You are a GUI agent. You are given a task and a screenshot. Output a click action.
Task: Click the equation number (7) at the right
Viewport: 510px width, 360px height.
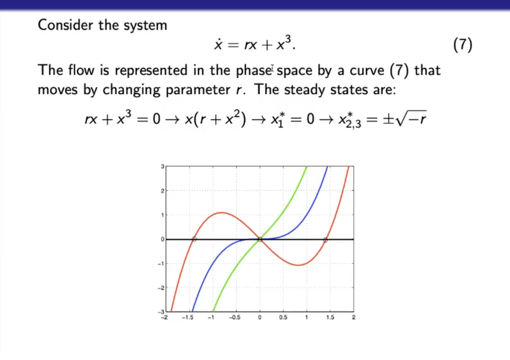463,45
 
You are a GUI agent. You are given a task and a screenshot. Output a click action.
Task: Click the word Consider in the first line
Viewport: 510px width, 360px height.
65,25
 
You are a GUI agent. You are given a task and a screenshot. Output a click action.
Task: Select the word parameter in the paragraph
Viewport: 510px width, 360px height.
198,90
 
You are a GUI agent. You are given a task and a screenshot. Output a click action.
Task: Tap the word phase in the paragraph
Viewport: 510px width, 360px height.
253,70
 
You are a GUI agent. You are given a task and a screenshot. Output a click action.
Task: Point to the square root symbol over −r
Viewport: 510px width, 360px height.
411,118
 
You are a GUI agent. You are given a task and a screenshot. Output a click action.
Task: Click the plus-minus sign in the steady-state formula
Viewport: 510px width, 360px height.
389,119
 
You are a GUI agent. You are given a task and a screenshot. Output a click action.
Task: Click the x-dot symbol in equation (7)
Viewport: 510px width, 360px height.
218,44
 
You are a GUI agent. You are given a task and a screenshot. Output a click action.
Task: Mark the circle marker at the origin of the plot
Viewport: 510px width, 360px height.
260,239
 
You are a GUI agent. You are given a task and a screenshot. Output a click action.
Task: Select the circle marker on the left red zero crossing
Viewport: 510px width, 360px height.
194,239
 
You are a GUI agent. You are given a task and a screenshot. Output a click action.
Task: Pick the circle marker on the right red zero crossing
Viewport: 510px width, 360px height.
325,240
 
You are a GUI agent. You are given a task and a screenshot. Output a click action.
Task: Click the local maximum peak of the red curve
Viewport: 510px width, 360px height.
222,213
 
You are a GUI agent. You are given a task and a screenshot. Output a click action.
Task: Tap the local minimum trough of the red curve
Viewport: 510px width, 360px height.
298,265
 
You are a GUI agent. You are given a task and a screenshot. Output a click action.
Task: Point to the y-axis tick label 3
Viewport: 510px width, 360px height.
162,167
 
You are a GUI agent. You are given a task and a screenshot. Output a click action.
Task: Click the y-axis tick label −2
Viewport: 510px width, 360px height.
161,288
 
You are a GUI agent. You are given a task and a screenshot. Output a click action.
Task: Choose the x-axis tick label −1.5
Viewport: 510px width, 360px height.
188,318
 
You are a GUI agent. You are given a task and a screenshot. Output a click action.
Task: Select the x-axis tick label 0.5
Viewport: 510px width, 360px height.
283,318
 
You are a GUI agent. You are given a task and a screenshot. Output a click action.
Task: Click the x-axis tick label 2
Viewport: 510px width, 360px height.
354,318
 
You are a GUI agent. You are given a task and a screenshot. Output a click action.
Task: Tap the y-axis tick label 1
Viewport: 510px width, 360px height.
163,215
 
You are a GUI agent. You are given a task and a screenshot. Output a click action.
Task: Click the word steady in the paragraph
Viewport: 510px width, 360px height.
305,90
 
